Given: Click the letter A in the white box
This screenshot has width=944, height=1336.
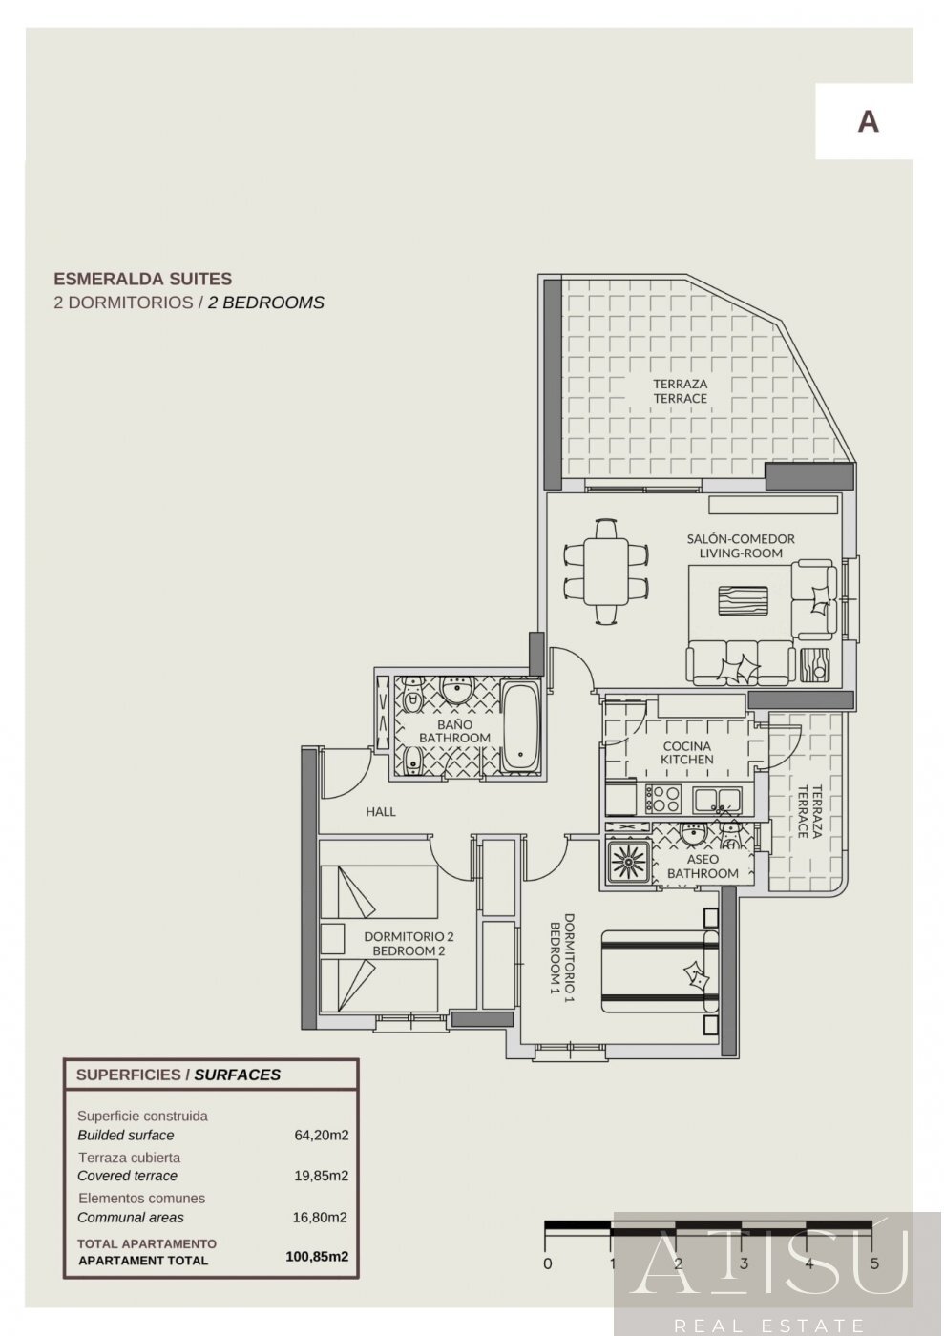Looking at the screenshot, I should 867,121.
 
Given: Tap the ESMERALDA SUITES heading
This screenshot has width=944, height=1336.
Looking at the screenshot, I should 142,279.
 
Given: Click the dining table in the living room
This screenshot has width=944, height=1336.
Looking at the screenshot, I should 605,571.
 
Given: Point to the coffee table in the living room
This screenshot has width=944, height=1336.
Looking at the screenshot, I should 745,603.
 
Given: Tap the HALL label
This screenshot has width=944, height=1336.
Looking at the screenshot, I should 381,812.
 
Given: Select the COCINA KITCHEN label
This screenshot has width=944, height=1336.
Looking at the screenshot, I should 686,752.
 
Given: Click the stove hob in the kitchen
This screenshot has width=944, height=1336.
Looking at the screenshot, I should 662,796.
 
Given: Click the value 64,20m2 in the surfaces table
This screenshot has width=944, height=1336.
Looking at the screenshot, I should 321,1136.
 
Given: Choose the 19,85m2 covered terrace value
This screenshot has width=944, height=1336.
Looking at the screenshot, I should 321,1176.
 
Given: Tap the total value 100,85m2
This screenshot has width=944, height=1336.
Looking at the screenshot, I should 317,1257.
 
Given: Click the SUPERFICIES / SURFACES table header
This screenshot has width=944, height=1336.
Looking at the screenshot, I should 178,1075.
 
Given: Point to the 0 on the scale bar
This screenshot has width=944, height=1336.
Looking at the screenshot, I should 546,1264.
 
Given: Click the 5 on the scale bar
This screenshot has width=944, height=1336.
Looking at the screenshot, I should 874,1264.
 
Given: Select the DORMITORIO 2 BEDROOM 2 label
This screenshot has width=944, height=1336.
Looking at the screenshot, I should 409,944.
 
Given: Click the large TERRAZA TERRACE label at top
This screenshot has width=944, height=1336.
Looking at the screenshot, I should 680,391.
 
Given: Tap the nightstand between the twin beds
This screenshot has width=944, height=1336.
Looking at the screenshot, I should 332,938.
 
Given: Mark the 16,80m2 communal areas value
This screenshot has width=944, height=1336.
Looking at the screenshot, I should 321,1217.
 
